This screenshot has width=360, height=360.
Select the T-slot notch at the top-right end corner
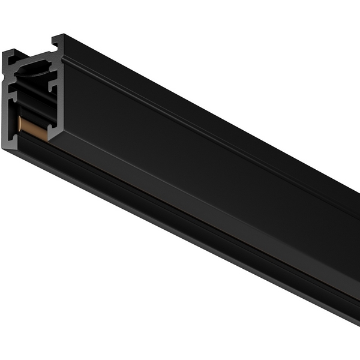[56, 41]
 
